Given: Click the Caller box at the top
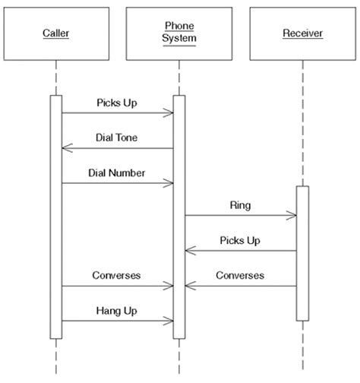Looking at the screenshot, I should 55,33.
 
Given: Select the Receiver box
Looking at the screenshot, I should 302,33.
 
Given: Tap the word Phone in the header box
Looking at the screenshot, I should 179,26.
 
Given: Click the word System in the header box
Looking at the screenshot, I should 179,39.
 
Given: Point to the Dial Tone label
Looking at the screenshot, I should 117,138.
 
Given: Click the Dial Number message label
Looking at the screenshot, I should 117,173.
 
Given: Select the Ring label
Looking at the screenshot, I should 240,205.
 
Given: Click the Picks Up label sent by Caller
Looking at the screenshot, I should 117,102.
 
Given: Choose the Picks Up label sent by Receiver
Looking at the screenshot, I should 240,240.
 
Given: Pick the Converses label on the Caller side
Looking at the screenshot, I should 117,275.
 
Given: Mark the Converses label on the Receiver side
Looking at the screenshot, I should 240,275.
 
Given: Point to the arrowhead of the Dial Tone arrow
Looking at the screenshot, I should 65,149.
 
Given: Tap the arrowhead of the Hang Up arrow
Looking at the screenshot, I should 170,321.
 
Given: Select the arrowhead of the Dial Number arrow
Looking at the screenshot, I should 170,183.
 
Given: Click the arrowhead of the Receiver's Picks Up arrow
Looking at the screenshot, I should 188,251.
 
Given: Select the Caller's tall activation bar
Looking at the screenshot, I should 55,217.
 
